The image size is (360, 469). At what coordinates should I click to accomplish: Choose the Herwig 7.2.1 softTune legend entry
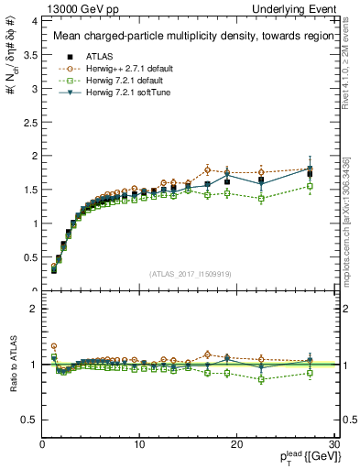[x=118, y=93]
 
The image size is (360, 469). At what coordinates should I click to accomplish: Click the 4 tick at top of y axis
[x=34, y=20]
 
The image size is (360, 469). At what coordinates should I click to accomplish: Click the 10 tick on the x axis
[x=139, y=444]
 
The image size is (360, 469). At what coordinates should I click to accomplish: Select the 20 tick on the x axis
[x=236, y=444]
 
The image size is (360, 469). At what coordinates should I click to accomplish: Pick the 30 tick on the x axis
[x=333, y=444]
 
